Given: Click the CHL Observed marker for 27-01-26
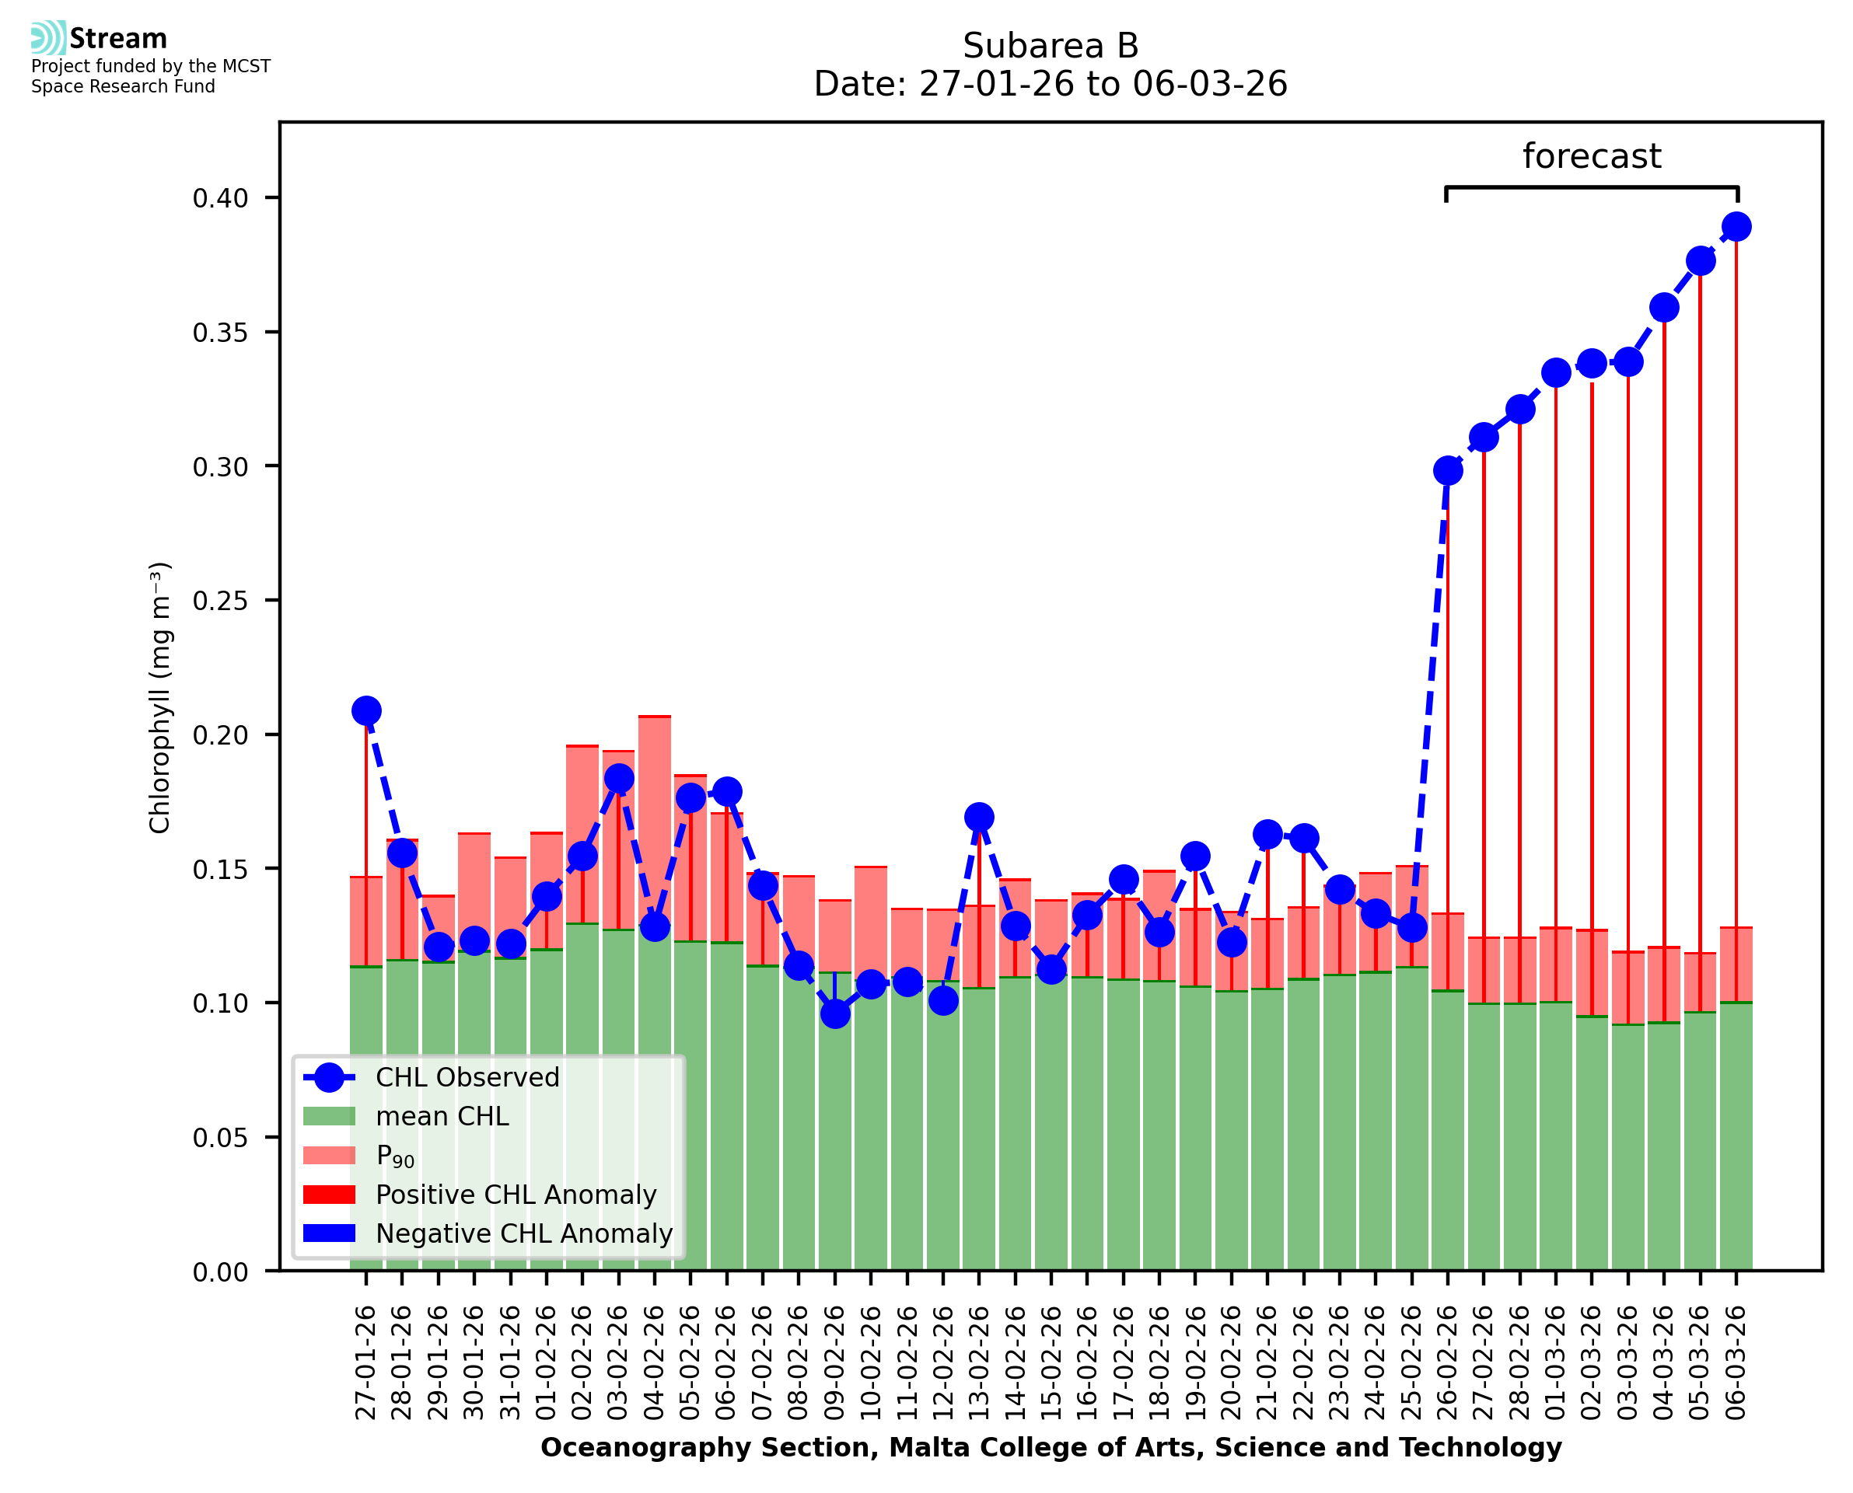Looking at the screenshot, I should pyautogui.click(x=366, y=710).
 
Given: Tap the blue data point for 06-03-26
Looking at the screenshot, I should pyautogui.click(x=1736, y=227).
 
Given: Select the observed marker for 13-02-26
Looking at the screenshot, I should pyautogui.click(x=979, y=816).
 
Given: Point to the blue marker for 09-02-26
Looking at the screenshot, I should pyautogui.click(x=834, y=1014).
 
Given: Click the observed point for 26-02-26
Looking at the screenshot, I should pyautogui.click(x=1448, y=470).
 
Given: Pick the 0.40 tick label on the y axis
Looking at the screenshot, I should pyautogui.click(x=220, y=199).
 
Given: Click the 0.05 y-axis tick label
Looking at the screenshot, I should pyautogui.click(x=220, y=1138).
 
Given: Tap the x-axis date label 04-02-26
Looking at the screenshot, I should pyautogui.click(x=655, y=1363).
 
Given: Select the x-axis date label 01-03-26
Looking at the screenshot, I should pyautogui.click(x=1556, y=1363).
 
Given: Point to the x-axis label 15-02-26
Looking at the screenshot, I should pyautogui.click(x=1051, y=1363).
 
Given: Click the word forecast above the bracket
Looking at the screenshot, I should pyautogui.click(x=1592, y=156).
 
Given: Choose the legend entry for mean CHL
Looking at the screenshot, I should pyautogui.click(x=442, y=1116).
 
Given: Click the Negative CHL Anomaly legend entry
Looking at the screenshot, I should pyautogui.click(x=523, y=1233).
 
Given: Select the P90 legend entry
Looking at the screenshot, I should pyautogui.click(x=395, y=1156).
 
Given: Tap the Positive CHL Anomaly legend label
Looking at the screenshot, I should pyautogui.click(x=516, y=1195).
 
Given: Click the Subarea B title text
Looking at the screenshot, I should pyautogui.click(x=1051, y=46).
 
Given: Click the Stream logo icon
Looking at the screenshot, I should pyautogui.click(x=48, y=38).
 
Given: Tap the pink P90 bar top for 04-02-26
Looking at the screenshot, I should pyautogui.click(x=655, y=717).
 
